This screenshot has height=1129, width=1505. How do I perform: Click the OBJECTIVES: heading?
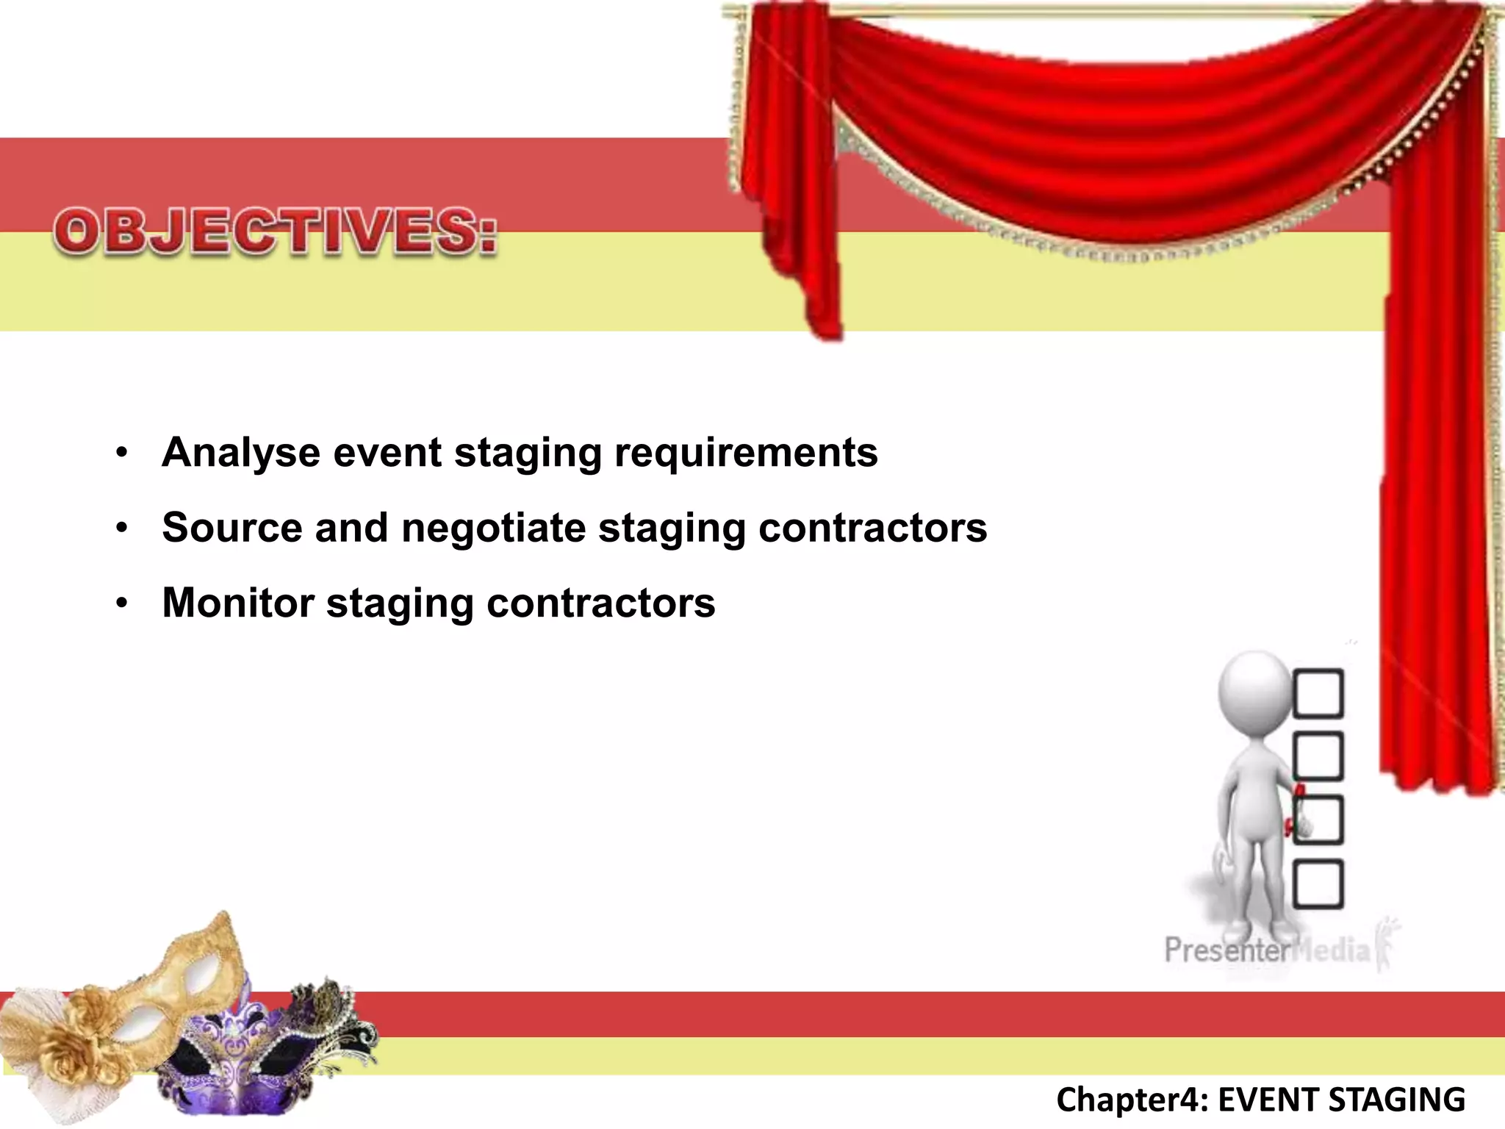(x=276, y=232)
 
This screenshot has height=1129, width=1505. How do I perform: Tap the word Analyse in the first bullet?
(x=240, y=452)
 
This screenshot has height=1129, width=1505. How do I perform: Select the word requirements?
(x=746, y=454)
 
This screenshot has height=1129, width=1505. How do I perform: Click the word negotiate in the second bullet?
(x=493, y=528)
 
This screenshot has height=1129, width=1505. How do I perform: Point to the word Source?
(x=232, y=528)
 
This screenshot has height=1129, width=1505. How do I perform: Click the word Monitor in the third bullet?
(x=237, y=603)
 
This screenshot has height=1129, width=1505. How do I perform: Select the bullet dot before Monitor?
(x=122, y=604)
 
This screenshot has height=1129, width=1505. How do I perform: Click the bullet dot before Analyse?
(x=122, y=452)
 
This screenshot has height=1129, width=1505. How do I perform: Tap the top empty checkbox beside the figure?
(x=1318, y=693)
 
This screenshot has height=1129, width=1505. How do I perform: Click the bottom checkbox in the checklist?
(x=1318, y=884)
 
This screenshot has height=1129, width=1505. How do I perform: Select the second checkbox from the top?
(x=1318, y=756)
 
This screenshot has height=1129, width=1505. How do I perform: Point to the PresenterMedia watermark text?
(x=1267, y=950)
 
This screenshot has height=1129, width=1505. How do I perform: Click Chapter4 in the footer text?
(x=1128, y=1100)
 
